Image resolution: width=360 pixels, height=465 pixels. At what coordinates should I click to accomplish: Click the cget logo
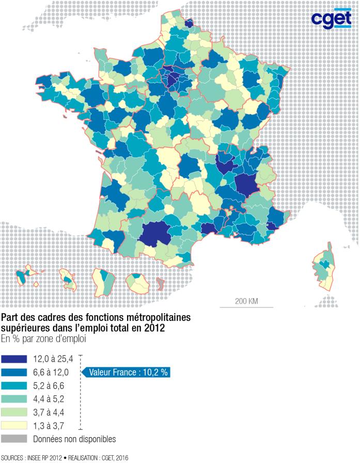pos(331,19)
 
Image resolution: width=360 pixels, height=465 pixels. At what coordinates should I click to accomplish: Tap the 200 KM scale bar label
pos(246,301)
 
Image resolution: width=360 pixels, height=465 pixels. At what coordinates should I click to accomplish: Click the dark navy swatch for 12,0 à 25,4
pos(14,359)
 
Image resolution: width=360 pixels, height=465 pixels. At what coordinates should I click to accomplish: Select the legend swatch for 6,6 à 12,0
pos(14,372)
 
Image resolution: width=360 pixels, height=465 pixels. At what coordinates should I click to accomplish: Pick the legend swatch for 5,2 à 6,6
pos(14,385)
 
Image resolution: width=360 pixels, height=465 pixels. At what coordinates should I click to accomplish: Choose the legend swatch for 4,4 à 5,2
pos(14,399)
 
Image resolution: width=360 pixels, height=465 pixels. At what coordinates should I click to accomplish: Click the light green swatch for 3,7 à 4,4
pos(14,412)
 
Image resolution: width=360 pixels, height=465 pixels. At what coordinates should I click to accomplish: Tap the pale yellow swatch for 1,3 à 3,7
pos(14,426)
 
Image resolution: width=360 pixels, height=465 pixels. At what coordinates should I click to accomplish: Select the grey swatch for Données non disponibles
pos(14,439)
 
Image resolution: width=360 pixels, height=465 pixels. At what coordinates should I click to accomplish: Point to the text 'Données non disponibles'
pos(74,439)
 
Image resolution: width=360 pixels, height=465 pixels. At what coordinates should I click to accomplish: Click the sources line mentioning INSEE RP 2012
pos(64,458)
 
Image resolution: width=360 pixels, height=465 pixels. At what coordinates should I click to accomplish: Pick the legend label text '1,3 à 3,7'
pos(50,426)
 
